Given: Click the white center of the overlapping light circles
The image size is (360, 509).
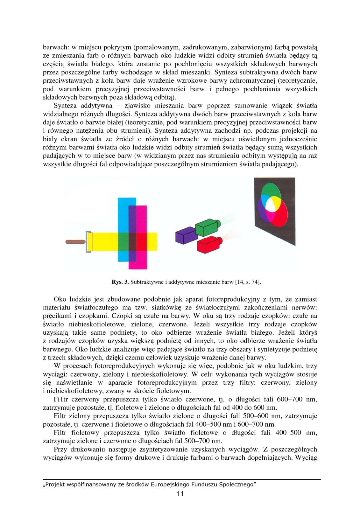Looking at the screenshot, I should pyautogui.click(x=271, y=204).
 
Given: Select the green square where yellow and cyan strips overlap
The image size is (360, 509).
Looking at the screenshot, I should pyautogui.click(x=123, y=241).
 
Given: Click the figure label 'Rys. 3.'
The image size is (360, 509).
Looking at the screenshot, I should pyautogui.click(x=120, y=282).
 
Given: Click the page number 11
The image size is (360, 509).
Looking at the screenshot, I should pyautogui.click(x=180, y=494).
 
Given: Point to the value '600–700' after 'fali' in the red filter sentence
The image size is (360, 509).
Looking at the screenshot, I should pyautogui.click(x=289, y=399).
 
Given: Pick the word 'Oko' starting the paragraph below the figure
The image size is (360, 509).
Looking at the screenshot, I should pyautogui.click(x=60, y=299).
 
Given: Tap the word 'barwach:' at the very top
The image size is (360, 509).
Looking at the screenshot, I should pyautogui.click(x=55, y=48).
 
